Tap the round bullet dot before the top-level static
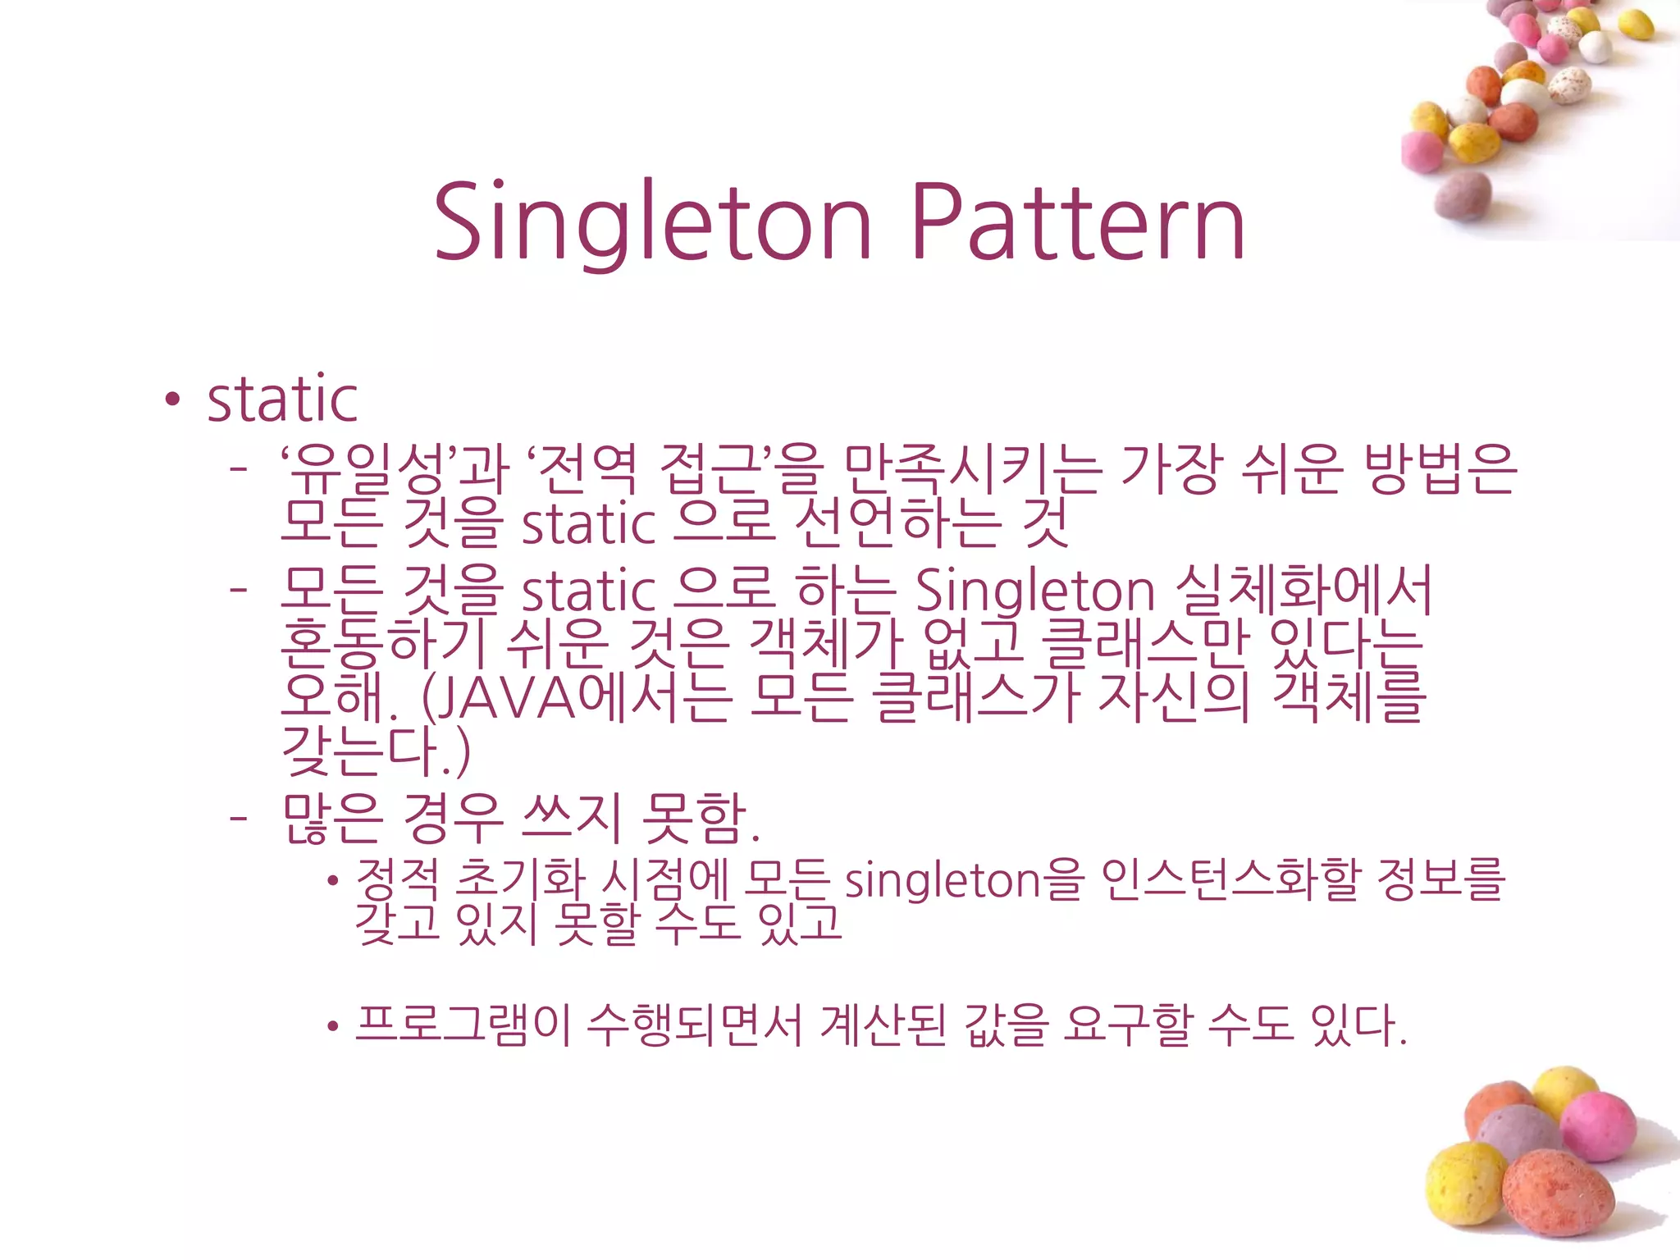[x=171, y=399]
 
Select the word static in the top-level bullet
[x=282, y=399]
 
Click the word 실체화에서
[x=1303, y=589]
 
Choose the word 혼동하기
[x=386, y=642]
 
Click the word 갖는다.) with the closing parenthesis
[x=376, y=751]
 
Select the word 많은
[x=332, y=819]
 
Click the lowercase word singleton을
[x=965, y=879]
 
